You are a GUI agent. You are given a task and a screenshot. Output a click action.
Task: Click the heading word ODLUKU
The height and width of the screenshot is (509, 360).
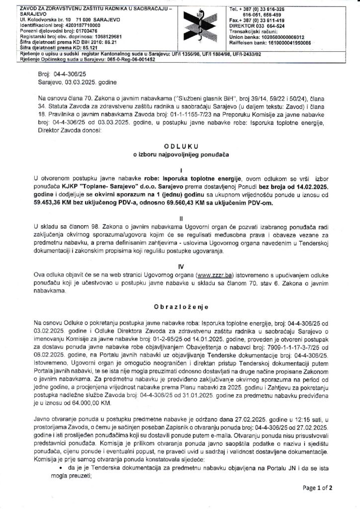(180, 145)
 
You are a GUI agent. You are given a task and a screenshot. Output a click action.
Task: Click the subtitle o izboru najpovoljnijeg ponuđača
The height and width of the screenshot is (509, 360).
(180, 156)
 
